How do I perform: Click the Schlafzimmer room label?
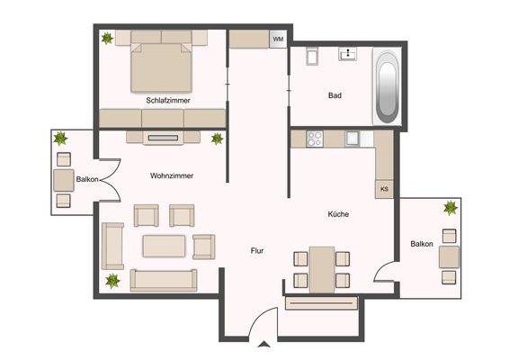(x=167, y=101)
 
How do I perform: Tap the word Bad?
(x=335, y=94)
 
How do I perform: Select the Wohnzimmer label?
(x=173, y=175)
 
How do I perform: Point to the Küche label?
(x=338, y=214)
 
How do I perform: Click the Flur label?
(x=257, y=251)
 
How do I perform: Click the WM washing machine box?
(x=278, y=40)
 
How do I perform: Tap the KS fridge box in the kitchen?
(x=384, y=189)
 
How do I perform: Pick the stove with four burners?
(x=315, y=139)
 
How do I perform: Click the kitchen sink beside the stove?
(x=353, y=139)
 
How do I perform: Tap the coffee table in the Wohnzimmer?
(x=164, y=245)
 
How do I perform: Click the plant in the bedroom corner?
(x=108, y=39)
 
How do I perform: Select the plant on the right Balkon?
(x=449, y=208)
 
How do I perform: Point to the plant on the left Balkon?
(x=61, y=139)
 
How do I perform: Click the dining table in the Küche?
(x=321, y=268)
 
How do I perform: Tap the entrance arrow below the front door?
(x=262, y=344)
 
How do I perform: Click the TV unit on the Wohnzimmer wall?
(x=163, y=138)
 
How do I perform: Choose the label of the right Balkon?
(x=422, y=244)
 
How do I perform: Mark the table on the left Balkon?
(x=63, y=179)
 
